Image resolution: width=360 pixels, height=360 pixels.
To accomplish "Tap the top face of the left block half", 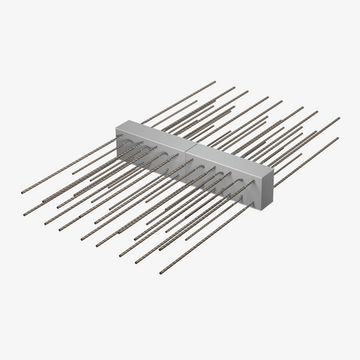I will (x=157, y=130).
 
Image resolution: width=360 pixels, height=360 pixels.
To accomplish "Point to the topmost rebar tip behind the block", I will (x=235, y=86).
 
